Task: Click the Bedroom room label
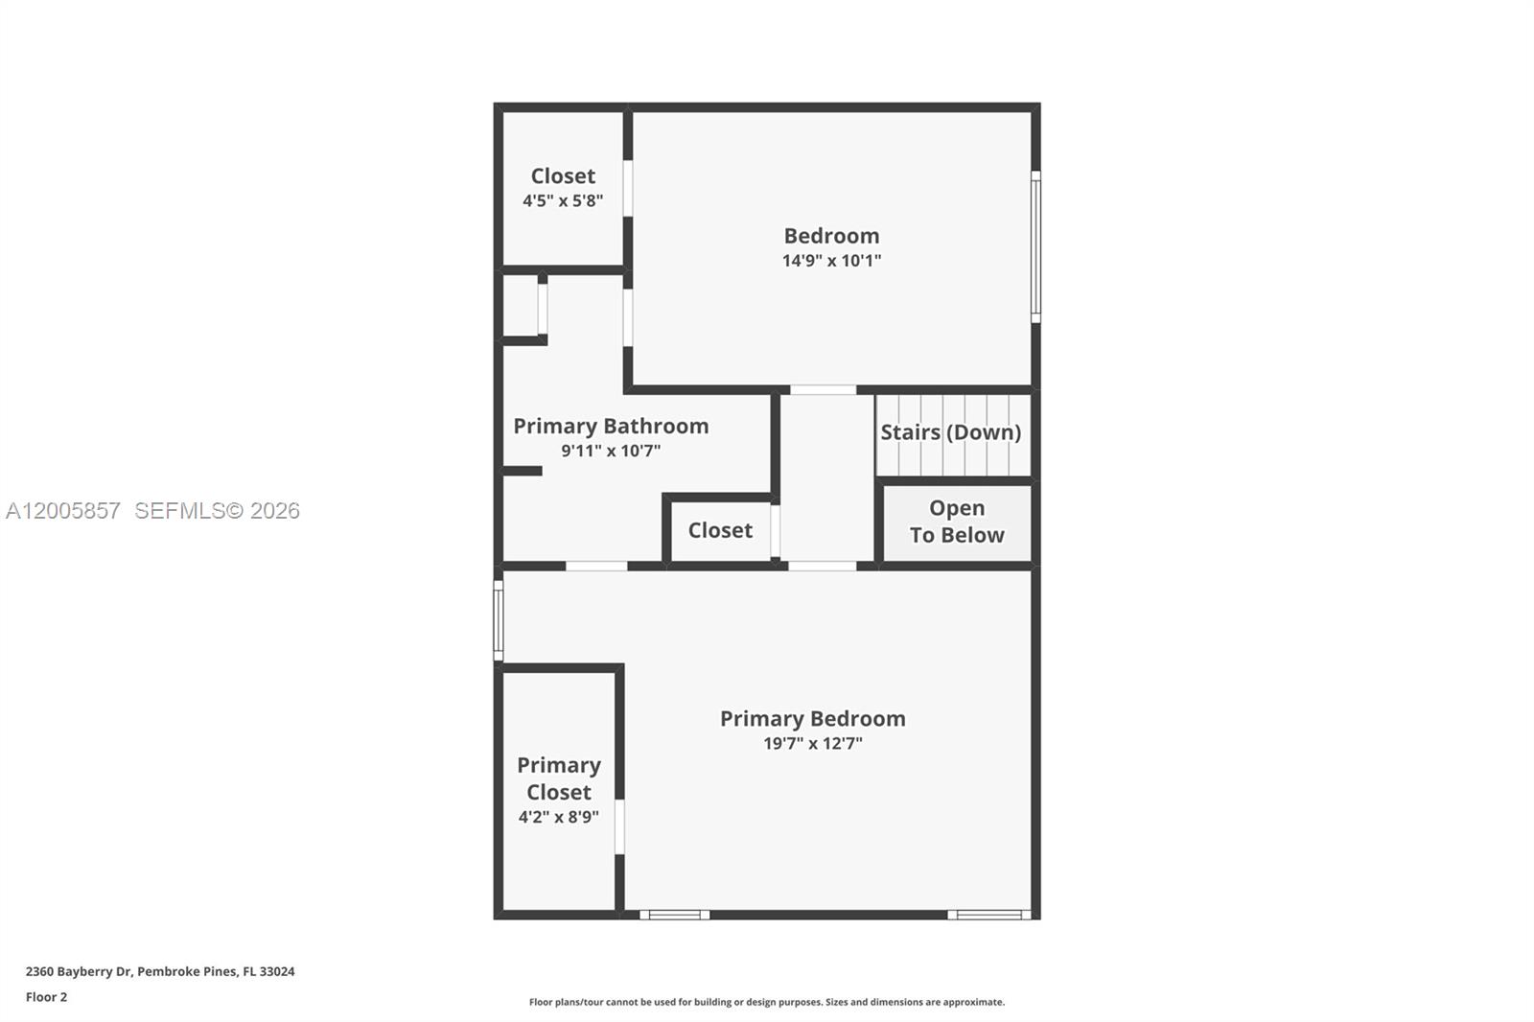[x=831, y=236]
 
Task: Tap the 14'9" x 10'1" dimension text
[x=831, y=261]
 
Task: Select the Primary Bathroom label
[x=611, y=426]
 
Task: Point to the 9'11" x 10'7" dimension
[x=611, y=451]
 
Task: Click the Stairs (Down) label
[x=950, y=432]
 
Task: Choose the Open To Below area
[x=957, y=522]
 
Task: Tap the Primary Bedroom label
[x=812, y=719]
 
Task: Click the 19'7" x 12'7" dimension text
[x=812, y=744]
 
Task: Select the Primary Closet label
[x=559, y=778]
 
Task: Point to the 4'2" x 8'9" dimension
[x=559, y=817]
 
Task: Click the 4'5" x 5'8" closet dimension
[x=563, y=201]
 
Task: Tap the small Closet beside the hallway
[x=720, y=530]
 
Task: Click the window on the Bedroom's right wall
[x=1035, y=246]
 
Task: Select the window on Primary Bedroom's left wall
[x=499, y=620]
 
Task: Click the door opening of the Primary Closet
[x=619, y=826]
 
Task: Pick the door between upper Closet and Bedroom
[x=628, y=188]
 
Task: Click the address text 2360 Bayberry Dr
[x=160, y=971]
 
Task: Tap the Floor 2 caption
[x=46, y=997]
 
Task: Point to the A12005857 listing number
[x=63, y=511]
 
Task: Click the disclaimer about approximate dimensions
[x=767, y=1002]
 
